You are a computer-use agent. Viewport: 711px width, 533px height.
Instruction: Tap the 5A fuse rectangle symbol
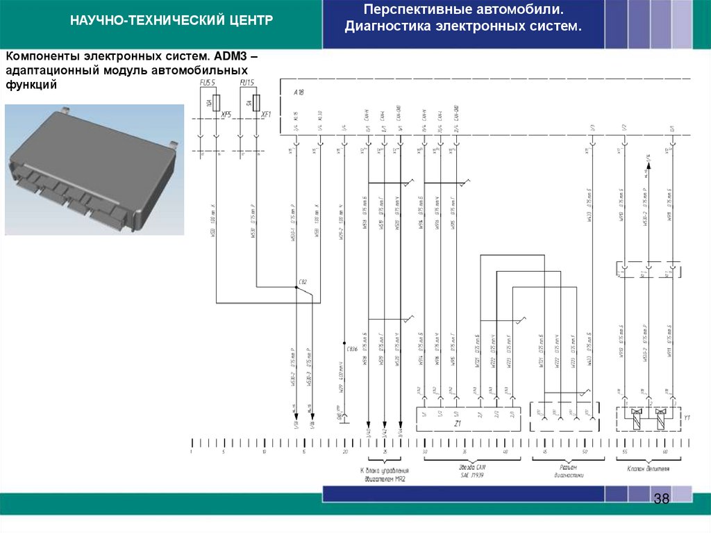click(257, 104)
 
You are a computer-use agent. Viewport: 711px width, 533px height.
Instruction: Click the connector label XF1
click(266, 115)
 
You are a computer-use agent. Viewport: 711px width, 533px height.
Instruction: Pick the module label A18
click(299, 92)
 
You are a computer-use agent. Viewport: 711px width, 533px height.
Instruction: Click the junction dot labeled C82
click(296, 290)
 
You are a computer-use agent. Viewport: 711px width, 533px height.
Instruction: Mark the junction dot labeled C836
click(345, 343)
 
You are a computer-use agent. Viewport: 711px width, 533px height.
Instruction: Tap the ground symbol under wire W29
click(345, 420)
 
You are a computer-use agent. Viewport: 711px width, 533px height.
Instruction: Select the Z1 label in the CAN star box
click(458, 423)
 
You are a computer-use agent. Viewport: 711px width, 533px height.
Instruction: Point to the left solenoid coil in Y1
click(635, 418)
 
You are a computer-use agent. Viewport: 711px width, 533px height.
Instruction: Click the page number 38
click(660, 500)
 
